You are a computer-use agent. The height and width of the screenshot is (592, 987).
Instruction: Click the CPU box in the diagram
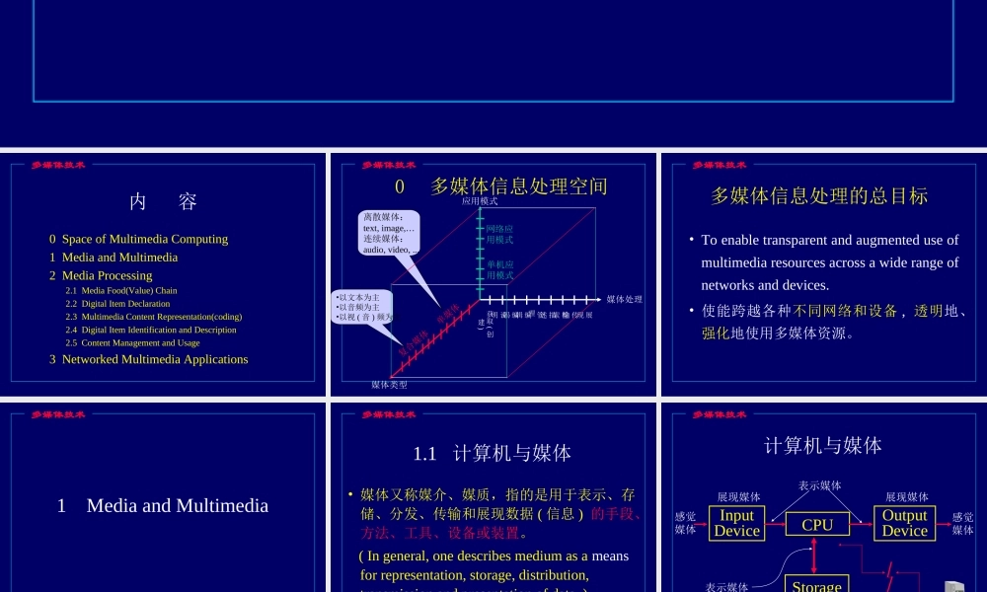tap(817, 525)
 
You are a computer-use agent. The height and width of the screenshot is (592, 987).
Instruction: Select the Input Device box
tap(736, 523)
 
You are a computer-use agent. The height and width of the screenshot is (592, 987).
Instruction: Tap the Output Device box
tap(904, 523)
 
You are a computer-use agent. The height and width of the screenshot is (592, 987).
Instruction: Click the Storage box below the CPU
tap(816, 583)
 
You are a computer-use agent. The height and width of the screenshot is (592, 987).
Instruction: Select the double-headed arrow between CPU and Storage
tap(813, 555)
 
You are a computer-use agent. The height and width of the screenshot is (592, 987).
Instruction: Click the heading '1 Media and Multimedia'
tap(163, 505)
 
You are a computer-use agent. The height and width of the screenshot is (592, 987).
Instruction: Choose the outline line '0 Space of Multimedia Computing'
tap(138, 239)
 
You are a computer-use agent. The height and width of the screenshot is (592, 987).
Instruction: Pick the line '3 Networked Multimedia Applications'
tap(149, 359)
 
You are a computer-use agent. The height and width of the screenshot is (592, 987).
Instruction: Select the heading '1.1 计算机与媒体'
tap(493, 453)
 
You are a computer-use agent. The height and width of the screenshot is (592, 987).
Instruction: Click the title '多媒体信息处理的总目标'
tap(819, 195)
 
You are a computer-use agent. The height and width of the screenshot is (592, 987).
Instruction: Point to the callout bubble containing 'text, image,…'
tap(389, 233)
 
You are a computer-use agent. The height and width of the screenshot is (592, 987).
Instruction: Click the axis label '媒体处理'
tap(625, 299)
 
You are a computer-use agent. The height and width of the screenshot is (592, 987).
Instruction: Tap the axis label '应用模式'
tap(480, 200)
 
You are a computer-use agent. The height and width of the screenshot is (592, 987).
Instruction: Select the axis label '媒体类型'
tap(389, 384)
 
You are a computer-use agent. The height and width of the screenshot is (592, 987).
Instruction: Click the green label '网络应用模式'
tap(499, 234)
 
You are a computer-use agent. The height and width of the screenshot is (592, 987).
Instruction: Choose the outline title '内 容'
tap(163, 201)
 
